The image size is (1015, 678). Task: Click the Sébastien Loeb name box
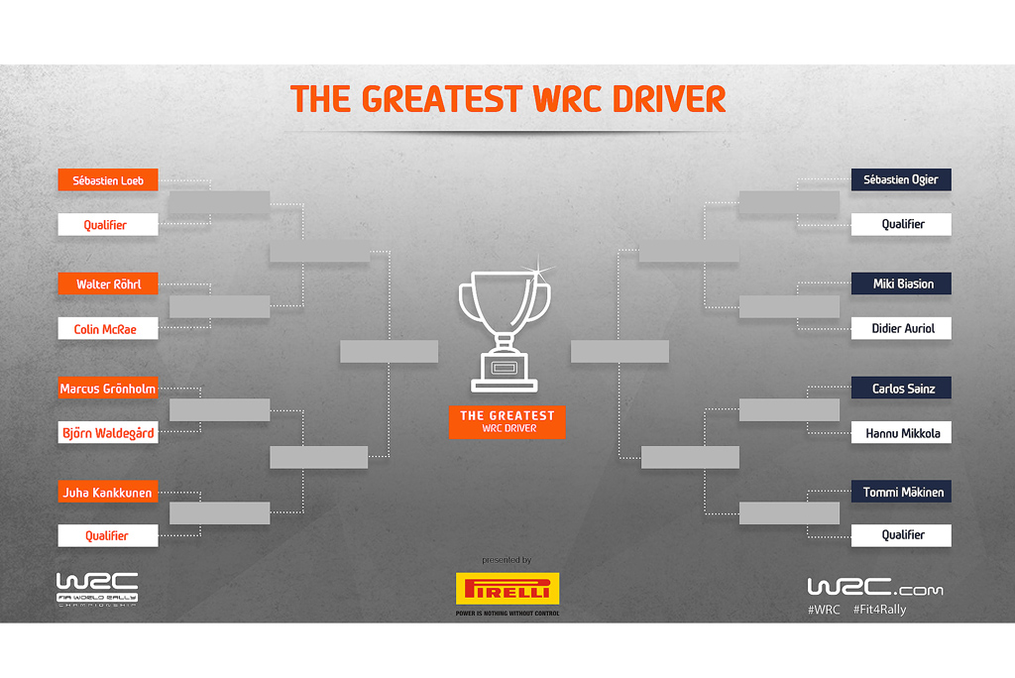(x=108, y=180)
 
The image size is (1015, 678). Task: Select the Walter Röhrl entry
(x=108, y=283)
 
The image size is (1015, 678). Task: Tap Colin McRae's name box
(x=108, y=328)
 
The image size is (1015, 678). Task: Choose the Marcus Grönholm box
(x=108, y=388)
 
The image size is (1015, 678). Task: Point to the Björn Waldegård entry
(x=108, y=432)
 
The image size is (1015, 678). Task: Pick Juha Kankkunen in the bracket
(x=108, y=492)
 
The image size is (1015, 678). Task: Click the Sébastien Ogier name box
(x=901, y=179)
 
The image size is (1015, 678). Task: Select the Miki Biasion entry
(x=901, y=282)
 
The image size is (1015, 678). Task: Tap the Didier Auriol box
(x=901, y=328)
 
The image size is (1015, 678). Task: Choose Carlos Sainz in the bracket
(x=901, y=388)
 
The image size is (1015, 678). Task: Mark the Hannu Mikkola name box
(x=901, y=432)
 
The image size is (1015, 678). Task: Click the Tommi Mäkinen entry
(x=901, y=492)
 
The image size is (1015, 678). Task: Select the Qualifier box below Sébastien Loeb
(x=108, y=225)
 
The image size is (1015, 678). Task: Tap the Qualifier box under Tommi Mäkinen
(x=901, y=535)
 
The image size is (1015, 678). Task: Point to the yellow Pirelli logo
(x=507, y=589)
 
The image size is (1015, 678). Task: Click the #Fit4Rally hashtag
(x=880, y=610)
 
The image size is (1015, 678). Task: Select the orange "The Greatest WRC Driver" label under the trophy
(x=507, y=421)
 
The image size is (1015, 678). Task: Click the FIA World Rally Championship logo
(x=97, y=589)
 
